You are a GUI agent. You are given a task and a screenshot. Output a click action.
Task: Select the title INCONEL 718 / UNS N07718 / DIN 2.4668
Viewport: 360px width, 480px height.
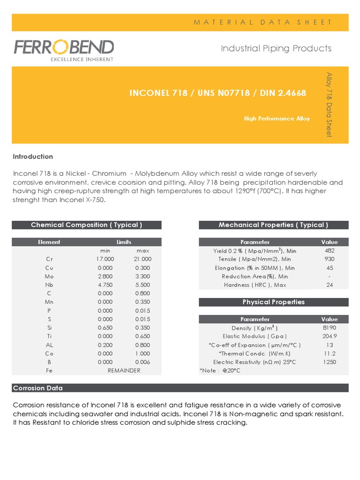coord(217,93)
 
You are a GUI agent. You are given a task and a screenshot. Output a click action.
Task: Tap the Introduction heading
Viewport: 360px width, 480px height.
coord(33,157)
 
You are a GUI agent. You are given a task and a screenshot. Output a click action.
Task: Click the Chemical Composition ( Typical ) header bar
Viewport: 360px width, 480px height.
coord(87,225)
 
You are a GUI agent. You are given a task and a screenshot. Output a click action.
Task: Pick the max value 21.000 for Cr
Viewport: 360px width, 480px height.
coord(142,259)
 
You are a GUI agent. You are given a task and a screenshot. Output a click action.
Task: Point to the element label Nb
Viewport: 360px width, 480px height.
coord(49,285)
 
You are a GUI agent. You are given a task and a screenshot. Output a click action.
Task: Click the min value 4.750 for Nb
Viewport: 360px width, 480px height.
coord(105,285)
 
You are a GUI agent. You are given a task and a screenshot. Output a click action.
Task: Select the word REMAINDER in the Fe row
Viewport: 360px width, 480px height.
coord(124,370)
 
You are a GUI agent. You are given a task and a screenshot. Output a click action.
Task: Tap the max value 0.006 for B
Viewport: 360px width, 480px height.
coord(142,362)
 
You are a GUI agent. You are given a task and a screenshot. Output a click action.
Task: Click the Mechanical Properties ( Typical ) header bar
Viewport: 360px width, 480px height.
coord(273,225)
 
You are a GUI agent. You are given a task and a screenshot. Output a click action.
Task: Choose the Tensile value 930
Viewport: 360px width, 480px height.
coord(329,259)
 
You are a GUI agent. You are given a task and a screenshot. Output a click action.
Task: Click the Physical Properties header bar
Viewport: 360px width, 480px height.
coord(273,302)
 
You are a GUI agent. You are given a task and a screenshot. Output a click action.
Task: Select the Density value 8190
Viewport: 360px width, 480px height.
coord(329,328)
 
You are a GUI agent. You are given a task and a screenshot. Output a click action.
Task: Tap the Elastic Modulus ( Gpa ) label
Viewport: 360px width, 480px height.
coord(255,336)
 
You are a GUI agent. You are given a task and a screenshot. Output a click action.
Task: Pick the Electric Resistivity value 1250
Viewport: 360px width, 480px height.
coord(329,362)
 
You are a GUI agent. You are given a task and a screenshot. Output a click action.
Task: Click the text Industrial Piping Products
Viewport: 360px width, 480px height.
coord(276,48)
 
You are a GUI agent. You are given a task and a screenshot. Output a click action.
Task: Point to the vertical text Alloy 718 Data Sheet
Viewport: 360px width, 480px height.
coord(329,104)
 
